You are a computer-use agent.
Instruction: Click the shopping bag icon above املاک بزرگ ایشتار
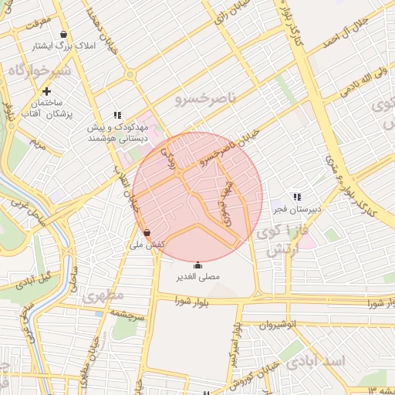point(63,35)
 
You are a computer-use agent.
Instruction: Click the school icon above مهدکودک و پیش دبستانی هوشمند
point(117,116)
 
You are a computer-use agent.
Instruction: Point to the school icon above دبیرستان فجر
point(297,197)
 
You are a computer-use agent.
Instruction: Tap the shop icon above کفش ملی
point(147,232)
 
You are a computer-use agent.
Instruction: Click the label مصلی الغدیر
point(198,275)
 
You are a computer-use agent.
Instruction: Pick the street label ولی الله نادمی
point(357,85)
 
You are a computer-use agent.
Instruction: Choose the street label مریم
point(36,143)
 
